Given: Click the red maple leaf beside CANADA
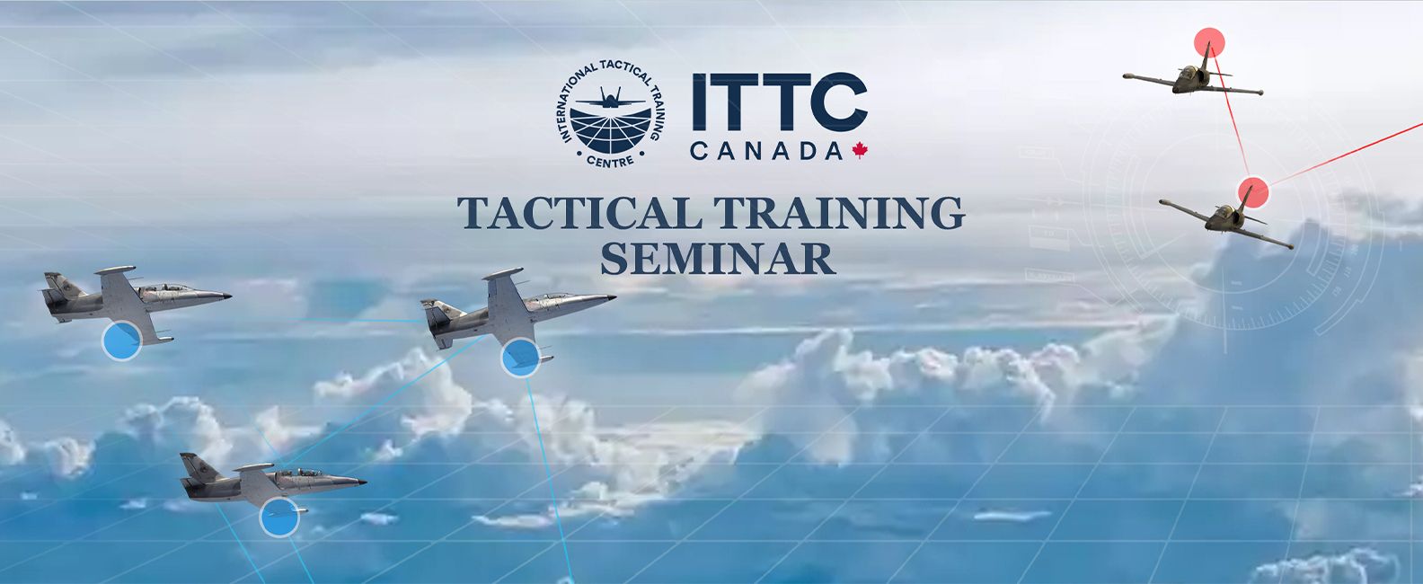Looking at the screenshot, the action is [860, 151].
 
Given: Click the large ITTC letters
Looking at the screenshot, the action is [780, 102].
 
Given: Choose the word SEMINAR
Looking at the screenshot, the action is [718, 258].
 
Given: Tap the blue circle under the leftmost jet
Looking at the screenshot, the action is [121, 341].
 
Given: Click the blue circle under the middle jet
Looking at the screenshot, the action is [521, 358].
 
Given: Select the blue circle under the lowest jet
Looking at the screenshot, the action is [279, 518].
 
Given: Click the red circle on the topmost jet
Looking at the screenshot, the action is [1209, 43].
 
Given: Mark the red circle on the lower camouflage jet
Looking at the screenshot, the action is [1253, 192].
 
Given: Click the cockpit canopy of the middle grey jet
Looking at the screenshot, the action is [552, 296].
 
